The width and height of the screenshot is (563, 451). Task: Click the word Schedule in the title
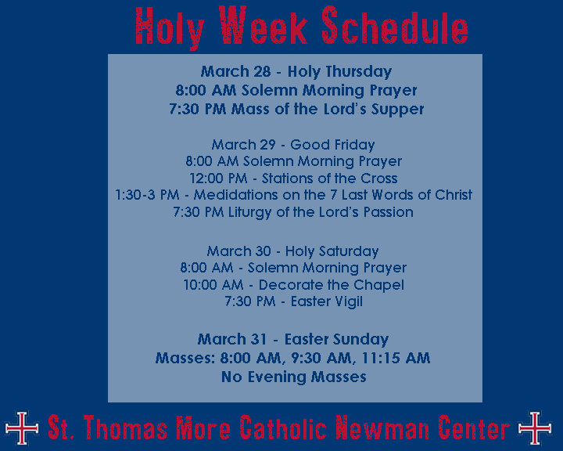pyautogui.click(x=395, y=25)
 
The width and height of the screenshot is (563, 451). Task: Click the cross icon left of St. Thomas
pyautogui.click(x=22, y=428)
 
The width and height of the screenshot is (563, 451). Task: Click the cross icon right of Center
pyautogui.click(x=535, y=428)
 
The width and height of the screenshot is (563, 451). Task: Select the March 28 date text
pyautogui.click(x=235, y=71)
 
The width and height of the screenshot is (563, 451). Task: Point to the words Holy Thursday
pyautogui.click(x=339, y=72)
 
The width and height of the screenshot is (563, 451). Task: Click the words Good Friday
pyautogui.click(x=332, y=145)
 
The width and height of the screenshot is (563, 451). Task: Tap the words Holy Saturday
pyautogui.click(x=332, y=251)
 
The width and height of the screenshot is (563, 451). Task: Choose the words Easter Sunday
pyautogui.click(x=336, y=340)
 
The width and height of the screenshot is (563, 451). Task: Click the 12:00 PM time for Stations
pyautogui.click(x=218, y=179)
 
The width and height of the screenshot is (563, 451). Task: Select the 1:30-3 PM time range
pyautogui.click(x=147, y=195)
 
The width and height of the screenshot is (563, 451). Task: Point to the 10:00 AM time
pyautogui.click(x=213, y=285)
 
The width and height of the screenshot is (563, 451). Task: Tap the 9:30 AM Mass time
pyautogui.click(x=321, y=358)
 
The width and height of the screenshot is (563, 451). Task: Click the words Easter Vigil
pyautogui.click(x=327, y=301)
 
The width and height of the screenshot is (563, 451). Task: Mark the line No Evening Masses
pyautogui.click(x=294, y=377)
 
